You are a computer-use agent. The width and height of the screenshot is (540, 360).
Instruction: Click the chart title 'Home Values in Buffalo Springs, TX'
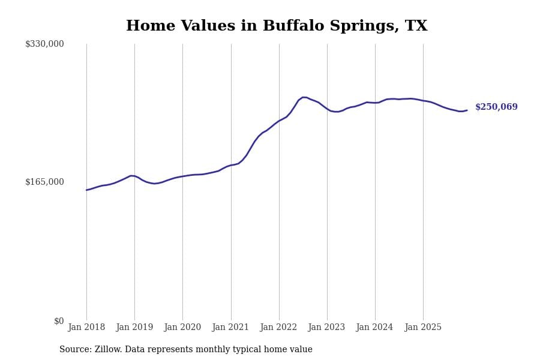(277, 26)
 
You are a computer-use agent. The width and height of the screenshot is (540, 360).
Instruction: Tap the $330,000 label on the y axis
(44, 44)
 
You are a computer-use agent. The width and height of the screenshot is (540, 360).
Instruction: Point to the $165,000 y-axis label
(44, 182)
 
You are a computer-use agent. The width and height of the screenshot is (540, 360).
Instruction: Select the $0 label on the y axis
(59, 321)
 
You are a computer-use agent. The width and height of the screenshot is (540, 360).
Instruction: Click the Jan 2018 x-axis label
(86, 328)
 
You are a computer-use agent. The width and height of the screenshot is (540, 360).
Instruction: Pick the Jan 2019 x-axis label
(134, 328)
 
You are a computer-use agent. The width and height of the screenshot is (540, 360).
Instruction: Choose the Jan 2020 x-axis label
(182, 328)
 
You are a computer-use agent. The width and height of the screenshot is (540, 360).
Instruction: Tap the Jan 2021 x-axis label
(230, 328)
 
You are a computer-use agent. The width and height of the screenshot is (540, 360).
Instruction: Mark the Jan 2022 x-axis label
(278, 328)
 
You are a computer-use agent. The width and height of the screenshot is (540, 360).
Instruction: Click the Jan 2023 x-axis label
(326, 328)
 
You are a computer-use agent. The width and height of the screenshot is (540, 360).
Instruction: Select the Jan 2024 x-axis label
(374, 328)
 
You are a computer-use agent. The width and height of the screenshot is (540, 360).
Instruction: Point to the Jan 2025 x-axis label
(423, 328)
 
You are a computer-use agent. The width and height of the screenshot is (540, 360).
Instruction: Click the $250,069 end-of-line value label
(496, 107)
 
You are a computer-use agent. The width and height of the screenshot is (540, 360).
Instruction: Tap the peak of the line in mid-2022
(304, 97)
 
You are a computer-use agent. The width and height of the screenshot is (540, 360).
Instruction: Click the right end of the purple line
(467, 110)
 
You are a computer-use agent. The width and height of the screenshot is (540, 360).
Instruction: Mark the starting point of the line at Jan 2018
(86, 190)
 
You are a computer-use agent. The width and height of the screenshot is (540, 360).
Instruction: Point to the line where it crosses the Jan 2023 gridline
(327, 109)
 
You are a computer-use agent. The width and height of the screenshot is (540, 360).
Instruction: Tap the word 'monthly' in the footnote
(220, 350)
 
